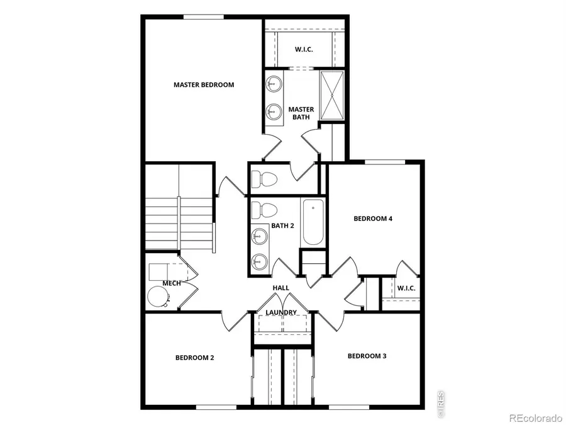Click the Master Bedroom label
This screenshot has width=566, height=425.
point(204,84)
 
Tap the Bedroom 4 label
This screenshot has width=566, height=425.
point(373,218)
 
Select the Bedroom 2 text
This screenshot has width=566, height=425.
point(195,358)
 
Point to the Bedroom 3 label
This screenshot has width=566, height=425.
point(367,356)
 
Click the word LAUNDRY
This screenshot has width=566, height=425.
point(281,312)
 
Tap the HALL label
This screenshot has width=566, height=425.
point(280,288)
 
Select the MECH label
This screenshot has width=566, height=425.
point(172,283)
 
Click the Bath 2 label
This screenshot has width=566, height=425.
point(282,225)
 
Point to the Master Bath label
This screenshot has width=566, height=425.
point(301,113)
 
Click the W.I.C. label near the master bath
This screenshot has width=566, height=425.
point(305,49)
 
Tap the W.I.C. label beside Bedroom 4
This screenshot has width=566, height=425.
point(406,288)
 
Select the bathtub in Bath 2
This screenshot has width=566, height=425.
point(313,223)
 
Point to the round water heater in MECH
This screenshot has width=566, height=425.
point(157,296)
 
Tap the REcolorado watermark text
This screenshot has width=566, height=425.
point(535,417)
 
